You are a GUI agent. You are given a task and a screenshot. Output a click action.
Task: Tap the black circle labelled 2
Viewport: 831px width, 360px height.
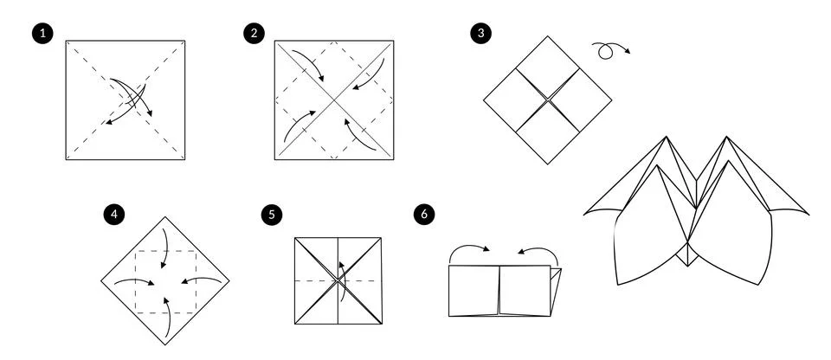254,33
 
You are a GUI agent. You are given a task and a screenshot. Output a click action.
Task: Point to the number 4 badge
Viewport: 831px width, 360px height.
110,213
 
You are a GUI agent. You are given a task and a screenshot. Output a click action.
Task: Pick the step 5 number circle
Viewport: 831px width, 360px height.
273,213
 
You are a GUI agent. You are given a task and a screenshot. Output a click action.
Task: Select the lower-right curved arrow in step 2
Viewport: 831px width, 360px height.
357,132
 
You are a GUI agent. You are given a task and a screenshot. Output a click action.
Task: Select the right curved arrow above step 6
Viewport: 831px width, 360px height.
538,251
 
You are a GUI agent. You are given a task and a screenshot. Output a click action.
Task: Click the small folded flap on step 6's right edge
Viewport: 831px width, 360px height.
556,290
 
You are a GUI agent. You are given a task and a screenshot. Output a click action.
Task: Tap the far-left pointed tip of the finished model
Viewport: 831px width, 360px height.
585,212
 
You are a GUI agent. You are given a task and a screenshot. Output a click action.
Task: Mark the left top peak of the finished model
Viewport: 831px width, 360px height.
667,138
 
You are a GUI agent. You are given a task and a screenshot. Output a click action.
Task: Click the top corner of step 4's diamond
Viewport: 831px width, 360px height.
165,218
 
